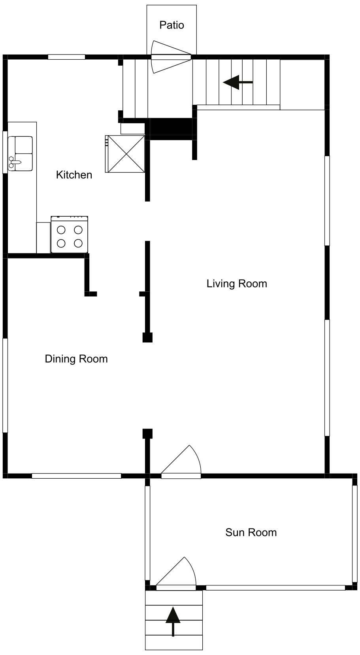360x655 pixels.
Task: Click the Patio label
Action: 172,25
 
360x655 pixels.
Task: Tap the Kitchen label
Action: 74,175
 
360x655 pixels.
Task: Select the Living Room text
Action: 237,284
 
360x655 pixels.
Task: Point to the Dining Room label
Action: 76,359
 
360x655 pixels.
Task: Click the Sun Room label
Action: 251,532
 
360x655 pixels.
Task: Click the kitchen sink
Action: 20,153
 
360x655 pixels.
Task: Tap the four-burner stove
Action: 70,234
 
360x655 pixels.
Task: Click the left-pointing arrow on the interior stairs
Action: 238,83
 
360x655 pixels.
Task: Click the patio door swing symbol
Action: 171,57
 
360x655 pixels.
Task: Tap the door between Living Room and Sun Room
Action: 181,462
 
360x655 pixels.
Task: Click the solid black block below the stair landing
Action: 171,129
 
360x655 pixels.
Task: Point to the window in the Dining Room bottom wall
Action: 76,476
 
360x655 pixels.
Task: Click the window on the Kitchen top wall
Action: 67,57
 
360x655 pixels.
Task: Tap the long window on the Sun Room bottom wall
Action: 275,588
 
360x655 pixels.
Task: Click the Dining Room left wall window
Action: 5,385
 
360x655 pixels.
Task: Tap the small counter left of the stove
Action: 43,238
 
